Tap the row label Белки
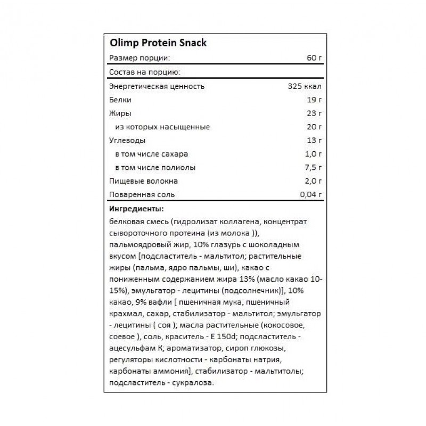(x=119, y=100)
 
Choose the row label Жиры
(x=119, y=113)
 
